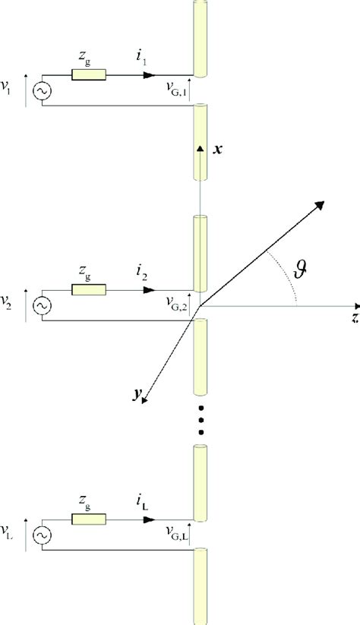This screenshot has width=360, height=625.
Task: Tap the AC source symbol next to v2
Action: click(40, 306)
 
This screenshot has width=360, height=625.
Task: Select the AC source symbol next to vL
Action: click(40, 535)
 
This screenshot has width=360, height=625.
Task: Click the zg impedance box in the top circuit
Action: click(88, 75)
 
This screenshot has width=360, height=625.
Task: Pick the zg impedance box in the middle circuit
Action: click(88, 289)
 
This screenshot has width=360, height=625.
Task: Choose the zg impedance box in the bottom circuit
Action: click(88, 519)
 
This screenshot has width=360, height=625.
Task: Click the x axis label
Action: click(219, 150)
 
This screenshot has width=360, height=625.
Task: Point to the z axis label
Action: click(354, 318)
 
